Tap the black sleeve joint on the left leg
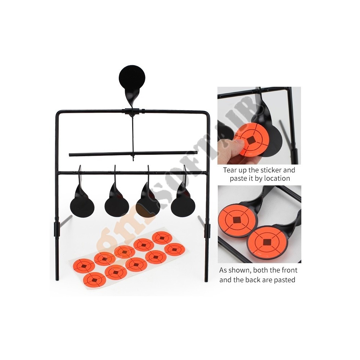57,229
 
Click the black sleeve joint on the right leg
207,230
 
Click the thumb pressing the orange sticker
232,147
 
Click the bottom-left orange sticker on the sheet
95,280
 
